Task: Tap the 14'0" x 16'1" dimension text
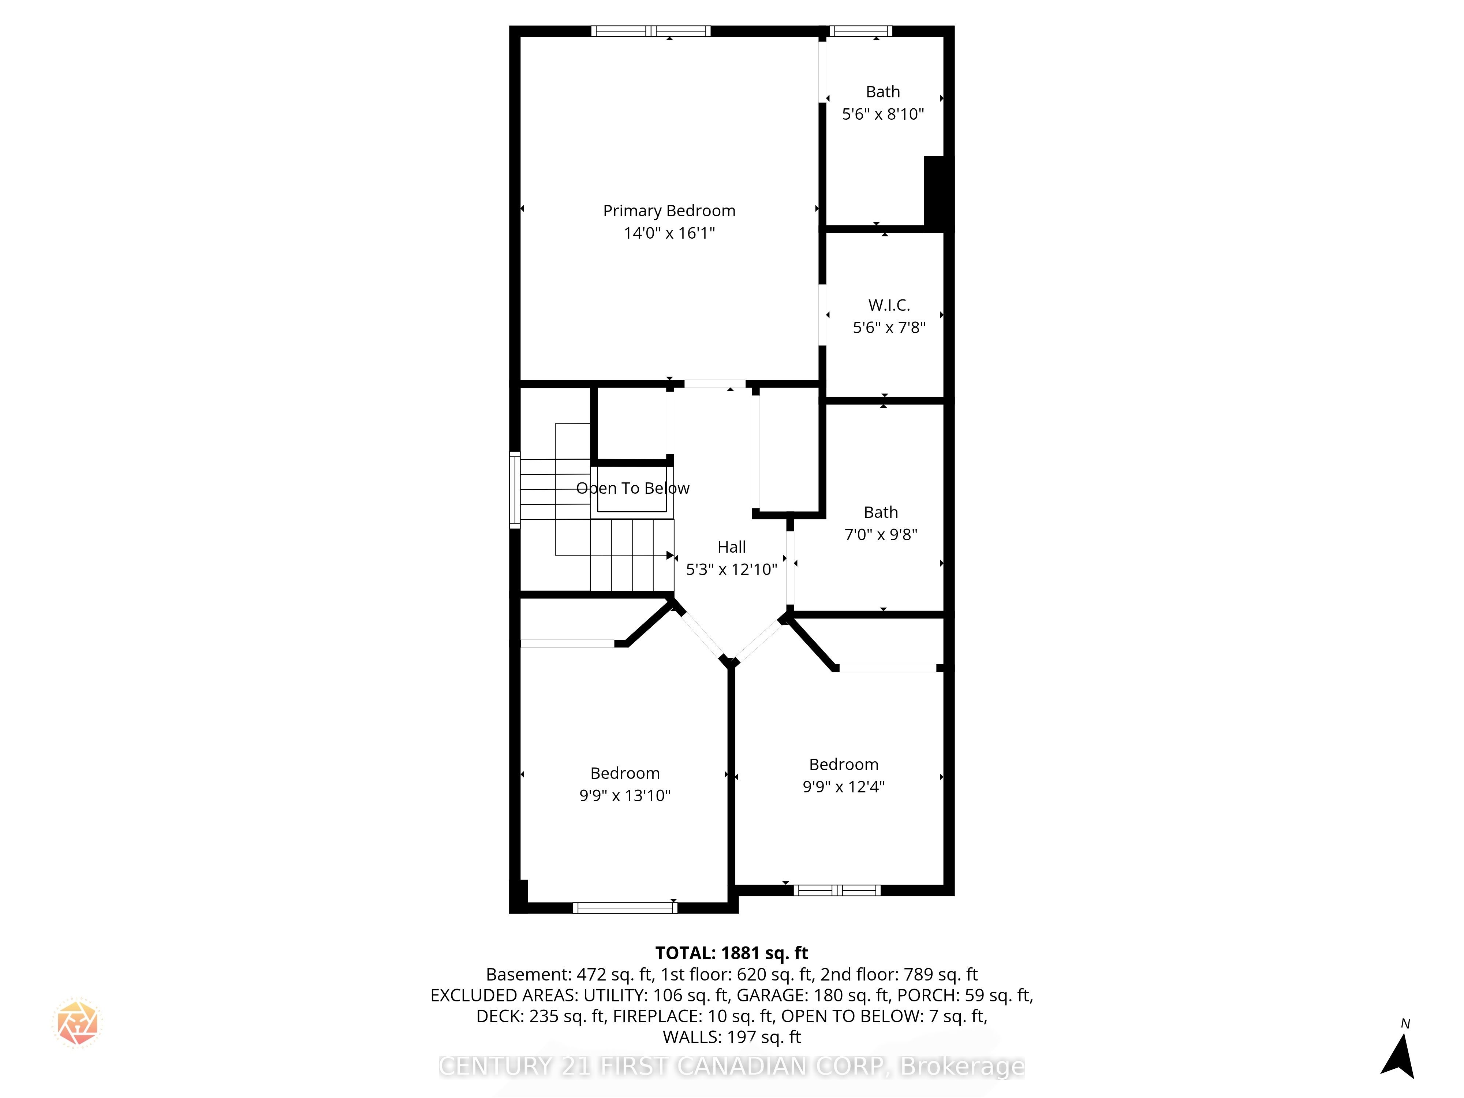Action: click(x=669, y=233)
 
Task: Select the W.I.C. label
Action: click(x=889, y=305)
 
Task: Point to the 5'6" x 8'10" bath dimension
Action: click(x=883, y=114)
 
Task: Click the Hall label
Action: click(x=731, y=547)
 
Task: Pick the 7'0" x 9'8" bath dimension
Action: click(x=881, y=534)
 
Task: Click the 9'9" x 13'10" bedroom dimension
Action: click(x=625, y=796)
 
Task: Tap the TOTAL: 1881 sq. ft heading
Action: click(x=731, y=953)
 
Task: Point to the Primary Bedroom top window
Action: click(x=651, y=30)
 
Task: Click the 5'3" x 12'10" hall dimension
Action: click(x=731, y=569)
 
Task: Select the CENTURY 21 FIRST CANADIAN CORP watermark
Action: click(x=731, y=1066)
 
